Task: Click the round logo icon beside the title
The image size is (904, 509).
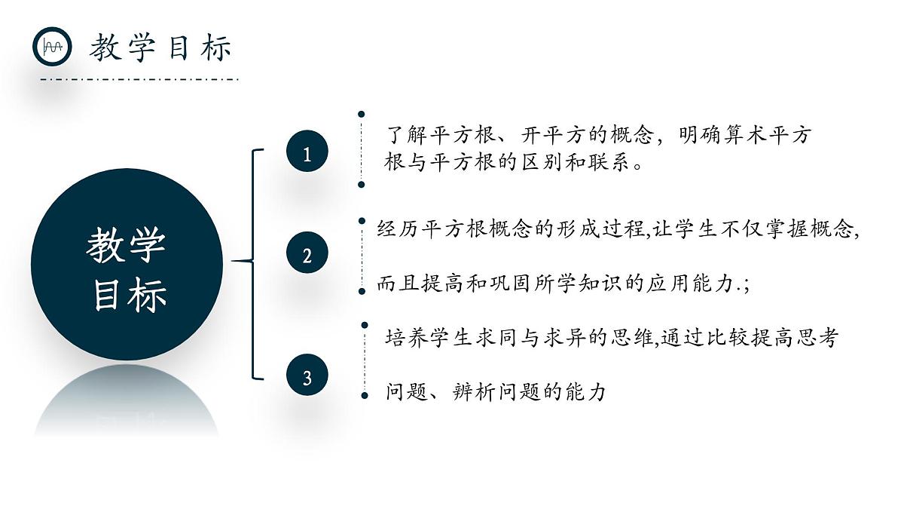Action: click(x=52, y=47)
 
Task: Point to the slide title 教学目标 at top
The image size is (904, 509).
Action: click(x=160, y=48)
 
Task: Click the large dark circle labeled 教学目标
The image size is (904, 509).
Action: click(x=127, y=265)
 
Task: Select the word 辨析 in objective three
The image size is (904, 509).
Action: click(x=475, y=392)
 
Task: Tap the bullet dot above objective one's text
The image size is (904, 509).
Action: click(x=362, y=114)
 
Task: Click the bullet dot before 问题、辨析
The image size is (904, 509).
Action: click(x=365, y=394)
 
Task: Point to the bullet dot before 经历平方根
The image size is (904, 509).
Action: click(x=362, y=221)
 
